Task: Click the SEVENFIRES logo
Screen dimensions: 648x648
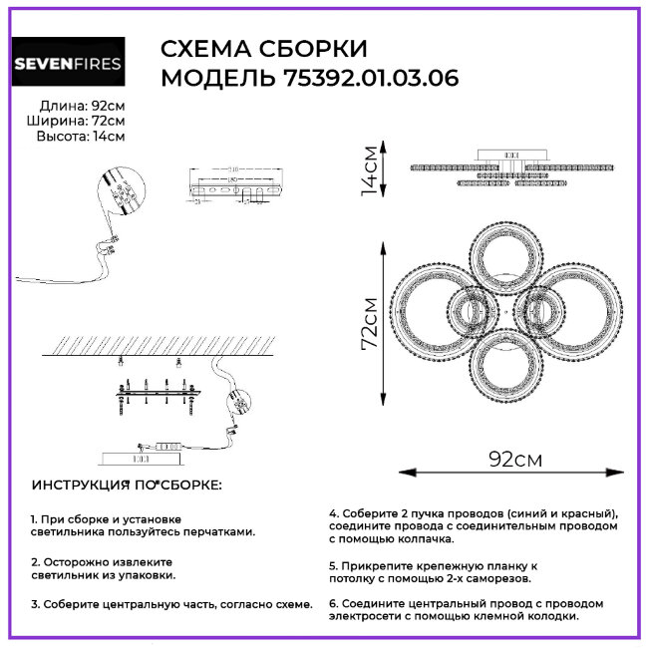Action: pyautogui.click(x=68, y=65)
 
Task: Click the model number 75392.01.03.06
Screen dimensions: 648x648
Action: pyautogui.click(x=365, y=79)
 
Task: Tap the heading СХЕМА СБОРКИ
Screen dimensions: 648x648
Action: pyautogui.click(x=263, y=50)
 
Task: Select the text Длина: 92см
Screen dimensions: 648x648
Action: pyautogui.click(x=82, y=106)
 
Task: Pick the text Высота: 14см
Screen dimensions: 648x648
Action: pyautogui.click(x=80, y=137)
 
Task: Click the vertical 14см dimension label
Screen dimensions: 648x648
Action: pyautogui.click(x=370, y=168)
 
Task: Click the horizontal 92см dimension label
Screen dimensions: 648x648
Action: pyautogui.click(x=514, y=460)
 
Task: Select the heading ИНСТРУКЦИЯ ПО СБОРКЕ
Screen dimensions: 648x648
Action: pyautogui.click(x=128, y=485)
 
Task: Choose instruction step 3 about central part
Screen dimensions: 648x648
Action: pyautogui.click(x=170, y=604)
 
